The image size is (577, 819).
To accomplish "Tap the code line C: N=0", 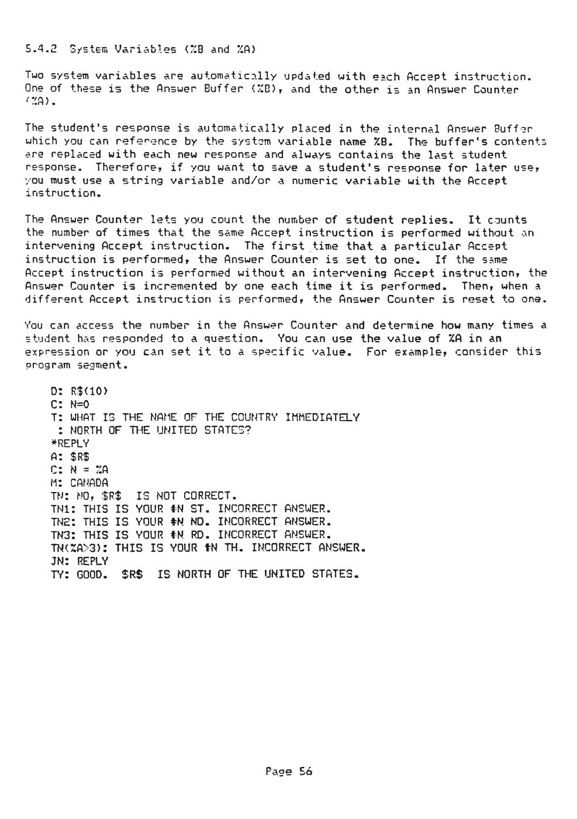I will click(70, 404).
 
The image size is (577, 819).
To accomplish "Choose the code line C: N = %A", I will click(80, 470).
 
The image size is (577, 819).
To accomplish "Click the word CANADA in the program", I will click(89, 483).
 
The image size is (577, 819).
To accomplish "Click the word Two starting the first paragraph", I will click(34, 76).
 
